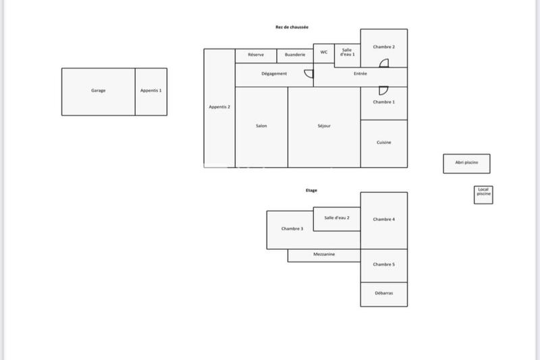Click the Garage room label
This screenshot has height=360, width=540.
click(x=99, y=91)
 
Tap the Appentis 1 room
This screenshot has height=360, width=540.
click(x=151, y=91)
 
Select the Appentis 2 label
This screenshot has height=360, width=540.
click(x=219, y=107)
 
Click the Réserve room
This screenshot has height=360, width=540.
click(x=256, y=55)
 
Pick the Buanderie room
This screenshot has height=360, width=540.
click(x=295, y=55)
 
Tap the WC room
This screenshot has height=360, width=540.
click(x=324, y=53)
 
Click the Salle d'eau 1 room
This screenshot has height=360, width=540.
click(x=348, y=53)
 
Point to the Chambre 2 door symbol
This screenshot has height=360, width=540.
click(x=383, y=63)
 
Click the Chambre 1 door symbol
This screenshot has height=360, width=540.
click(x=382, y=90)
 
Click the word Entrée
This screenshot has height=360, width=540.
click(x=360, y=74)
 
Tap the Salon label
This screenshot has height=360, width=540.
click(x=261, y=126)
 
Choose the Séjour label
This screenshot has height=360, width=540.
click(x=324, y=126)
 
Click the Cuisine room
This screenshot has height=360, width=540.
click(x=384, y=143)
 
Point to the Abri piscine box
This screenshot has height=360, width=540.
click(x=466, y=163)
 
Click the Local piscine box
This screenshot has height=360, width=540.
click(x=483, y=194)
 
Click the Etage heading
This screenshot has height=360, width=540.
click(x=311, y=190)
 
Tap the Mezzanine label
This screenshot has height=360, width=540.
click(x=324, y=255)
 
